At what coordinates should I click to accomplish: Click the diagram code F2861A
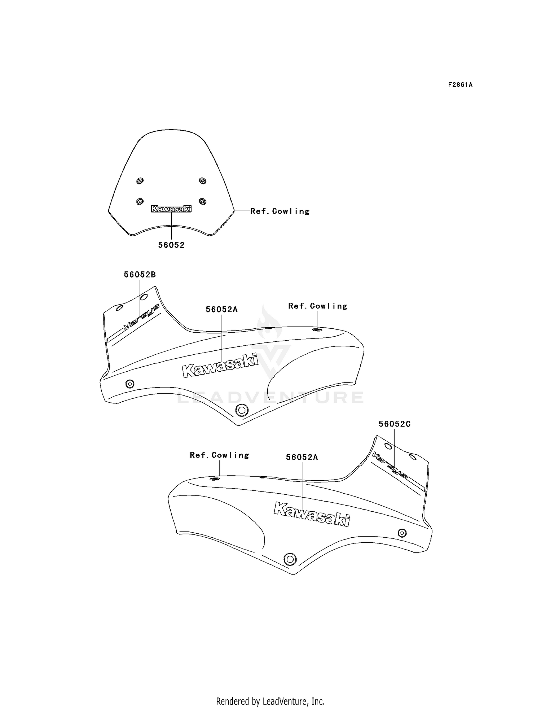click(x=460, y=85)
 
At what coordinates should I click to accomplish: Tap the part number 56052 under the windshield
click(x=171, y=245)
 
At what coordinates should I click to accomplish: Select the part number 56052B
click(x=140, y=274)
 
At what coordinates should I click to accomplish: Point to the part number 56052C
click(x=395, y=424)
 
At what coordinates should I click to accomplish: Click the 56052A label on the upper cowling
click(x=222, y=309)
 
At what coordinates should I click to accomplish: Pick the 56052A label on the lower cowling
click(x=302, y=457)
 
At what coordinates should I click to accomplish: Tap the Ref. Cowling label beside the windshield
click(x=280, y=211)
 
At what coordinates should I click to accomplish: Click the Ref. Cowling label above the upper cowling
click(x=318, y=306)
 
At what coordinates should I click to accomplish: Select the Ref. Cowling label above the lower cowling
click(x=219, y=455)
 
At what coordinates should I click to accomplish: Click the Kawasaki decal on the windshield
click(x=171, y=209)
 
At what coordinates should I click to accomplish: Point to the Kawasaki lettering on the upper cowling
click(x=220, y=365)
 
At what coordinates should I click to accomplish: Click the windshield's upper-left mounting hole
click(x=140, y=181)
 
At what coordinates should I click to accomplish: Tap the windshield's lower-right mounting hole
click(x=202, y=201)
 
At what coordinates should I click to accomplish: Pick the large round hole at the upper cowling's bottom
click(x=241, y=410)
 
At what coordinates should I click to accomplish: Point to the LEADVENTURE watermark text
click(x=270, y=397)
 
